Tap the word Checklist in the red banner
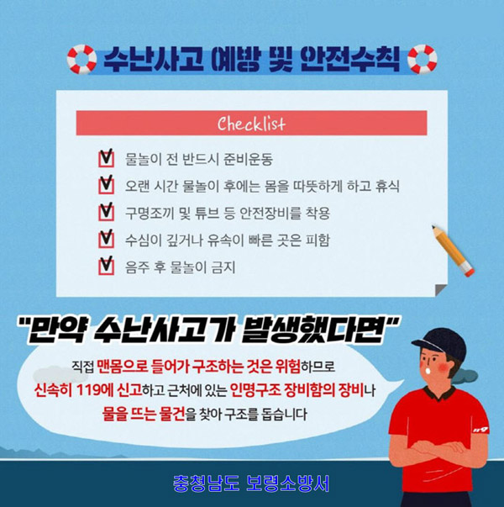point(251,124)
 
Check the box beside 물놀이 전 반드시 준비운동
point(107,158)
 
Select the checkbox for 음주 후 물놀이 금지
point(107,266)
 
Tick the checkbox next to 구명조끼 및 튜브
point(107,212)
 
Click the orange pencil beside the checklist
point(454,251)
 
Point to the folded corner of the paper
point(441,290)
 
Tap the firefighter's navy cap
point(440,343)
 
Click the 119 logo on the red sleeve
point(480,430)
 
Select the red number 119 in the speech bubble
point(88,391)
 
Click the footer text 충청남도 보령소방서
point(251,483)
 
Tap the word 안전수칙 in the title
point(350,60)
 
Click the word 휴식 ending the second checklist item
point(387,186)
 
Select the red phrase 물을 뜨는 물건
point(144,415)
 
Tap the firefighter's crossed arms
point(438,449)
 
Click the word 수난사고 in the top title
point(154,60)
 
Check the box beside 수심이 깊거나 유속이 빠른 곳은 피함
point(107,240)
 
